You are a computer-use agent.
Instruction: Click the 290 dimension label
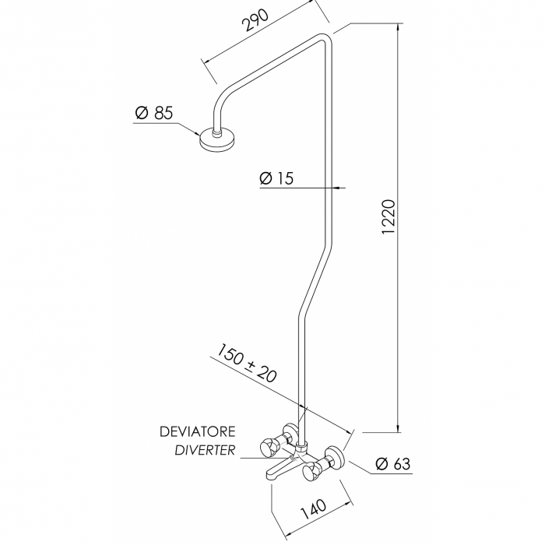coord(255,20)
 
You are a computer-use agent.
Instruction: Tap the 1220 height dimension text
coord(389,217)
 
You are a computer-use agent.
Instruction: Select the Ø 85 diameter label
coord(153,113)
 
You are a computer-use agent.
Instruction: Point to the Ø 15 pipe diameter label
coord(276,178)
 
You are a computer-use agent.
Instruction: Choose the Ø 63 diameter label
coord(393,463)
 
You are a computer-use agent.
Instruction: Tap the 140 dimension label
coord(313,509)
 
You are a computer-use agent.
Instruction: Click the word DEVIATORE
coord(198,431)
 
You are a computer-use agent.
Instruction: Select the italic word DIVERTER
coord(205,451)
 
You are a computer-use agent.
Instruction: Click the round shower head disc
coord(217,141)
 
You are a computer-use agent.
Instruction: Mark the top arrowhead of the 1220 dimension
coord(399,28)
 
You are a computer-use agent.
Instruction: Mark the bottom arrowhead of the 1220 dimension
coord(399,427)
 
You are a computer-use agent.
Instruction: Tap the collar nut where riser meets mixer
coord(301,445)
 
